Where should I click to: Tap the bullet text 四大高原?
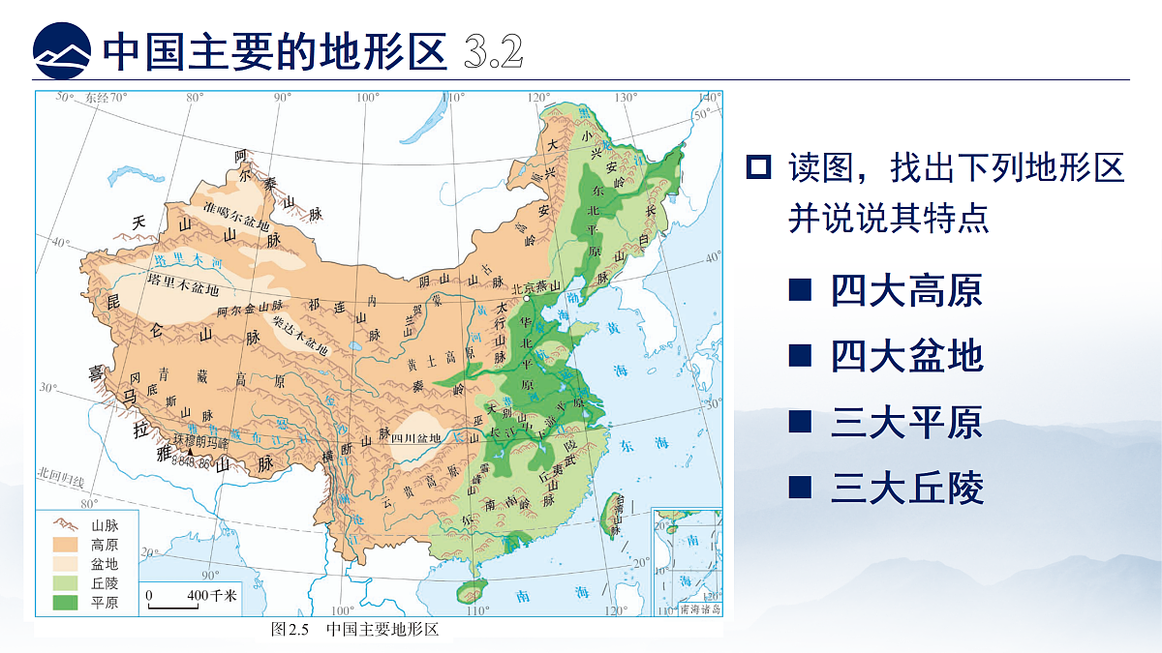[x=906, y=290]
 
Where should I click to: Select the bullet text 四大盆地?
[x=906, y=356]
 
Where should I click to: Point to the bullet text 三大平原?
[x=906, y=422]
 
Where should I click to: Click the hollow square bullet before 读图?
[x=758, y=166]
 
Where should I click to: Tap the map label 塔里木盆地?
[x=184, y=288]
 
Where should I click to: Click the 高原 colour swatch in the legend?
[x=66, y=545]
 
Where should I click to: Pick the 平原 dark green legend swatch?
[x=66, y=602]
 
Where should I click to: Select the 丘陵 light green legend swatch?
[x=66, y=582]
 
